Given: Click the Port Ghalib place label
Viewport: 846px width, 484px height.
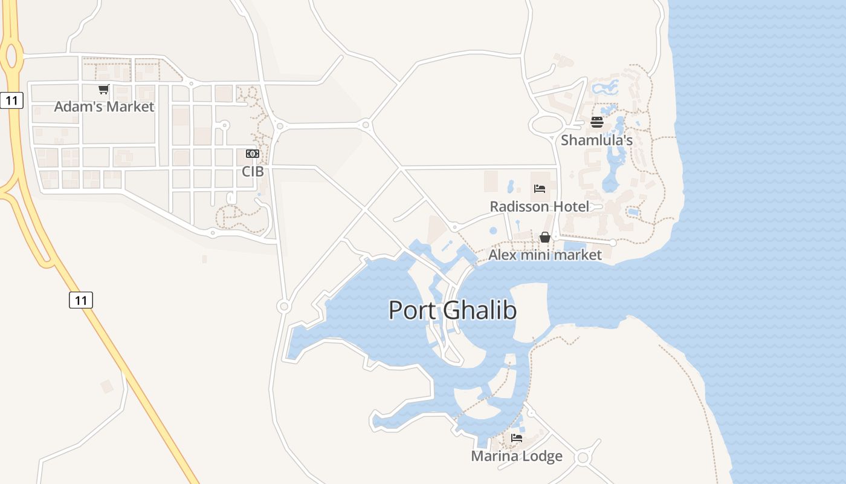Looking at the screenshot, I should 452,310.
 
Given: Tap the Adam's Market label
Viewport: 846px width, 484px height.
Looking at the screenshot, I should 104,106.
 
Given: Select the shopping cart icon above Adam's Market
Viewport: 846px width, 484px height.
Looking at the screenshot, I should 103,90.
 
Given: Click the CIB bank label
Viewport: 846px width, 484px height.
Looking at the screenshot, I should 253,171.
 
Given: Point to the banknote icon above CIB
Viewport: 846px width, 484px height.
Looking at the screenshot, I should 253,154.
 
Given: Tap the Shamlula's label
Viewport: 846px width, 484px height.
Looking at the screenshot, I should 596,140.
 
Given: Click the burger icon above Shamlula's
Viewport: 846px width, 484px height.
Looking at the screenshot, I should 597,122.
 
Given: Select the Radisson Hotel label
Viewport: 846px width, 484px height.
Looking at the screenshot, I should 539,206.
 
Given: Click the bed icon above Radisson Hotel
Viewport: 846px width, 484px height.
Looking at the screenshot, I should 540,189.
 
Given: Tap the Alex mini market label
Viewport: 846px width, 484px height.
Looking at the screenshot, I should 544,255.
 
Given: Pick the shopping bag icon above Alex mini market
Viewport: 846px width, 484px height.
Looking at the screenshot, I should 544,237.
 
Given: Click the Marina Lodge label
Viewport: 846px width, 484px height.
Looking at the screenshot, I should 516,456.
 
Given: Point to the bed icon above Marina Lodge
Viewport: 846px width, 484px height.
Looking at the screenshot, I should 516,438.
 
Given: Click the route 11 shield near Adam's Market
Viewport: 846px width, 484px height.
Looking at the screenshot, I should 11,100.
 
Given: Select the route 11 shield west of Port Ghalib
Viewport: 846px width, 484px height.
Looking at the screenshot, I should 81,299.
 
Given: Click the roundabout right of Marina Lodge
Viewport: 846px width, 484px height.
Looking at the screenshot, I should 583,457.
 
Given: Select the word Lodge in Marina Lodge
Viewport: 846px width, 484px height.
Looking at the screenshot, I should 543,456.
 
